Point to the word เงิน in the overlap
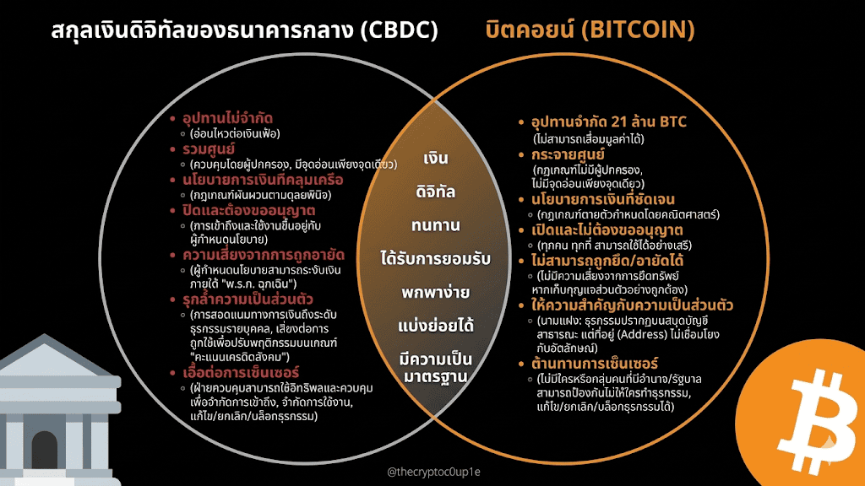[436, 159]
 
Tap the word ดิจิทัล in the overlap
[436, 192]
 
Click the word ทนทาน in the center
[436, 226]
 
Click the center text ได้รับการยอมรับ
[436, 259]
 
